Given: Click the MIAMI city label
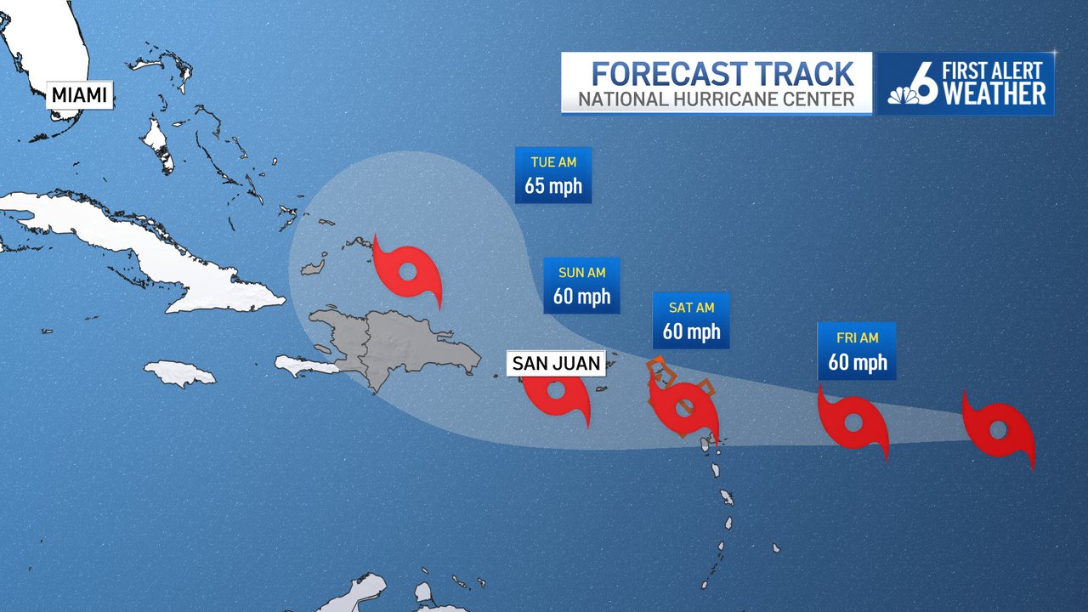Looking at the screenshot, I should pos(80,95).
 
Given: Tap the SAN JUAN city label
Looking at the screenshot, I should pos(556,364).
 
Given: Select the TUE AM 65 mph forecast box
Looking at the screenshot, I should pos(552,175).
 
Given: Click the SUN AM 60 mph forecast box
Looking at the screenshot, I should pos(581,286).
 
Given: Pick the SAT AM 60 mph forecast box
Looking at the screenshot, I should pos(691,320).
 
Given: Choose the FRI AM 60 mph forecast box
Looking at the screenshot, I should pos(857,350).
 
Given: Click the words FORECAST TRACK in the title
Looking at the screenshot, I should pos(722,72).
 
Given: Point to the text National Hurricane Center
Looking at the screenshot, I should pos(716,99).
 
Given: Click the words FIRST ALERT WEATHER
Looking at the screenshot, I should pos(994,83).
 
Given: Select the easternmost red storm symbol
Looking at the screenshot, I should pos(999,428).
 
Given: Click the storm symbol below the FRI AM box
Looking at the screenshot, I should pos(853,422).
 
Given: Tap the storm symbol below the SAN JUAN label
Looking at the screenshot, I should pos(557,396).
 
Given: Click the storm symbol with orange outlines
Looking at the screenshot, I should pos(683,406).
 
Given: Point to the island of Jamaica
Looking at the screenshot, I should pos(179,373).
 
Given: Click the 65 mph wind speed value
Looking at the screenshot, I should pos(552,185).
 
